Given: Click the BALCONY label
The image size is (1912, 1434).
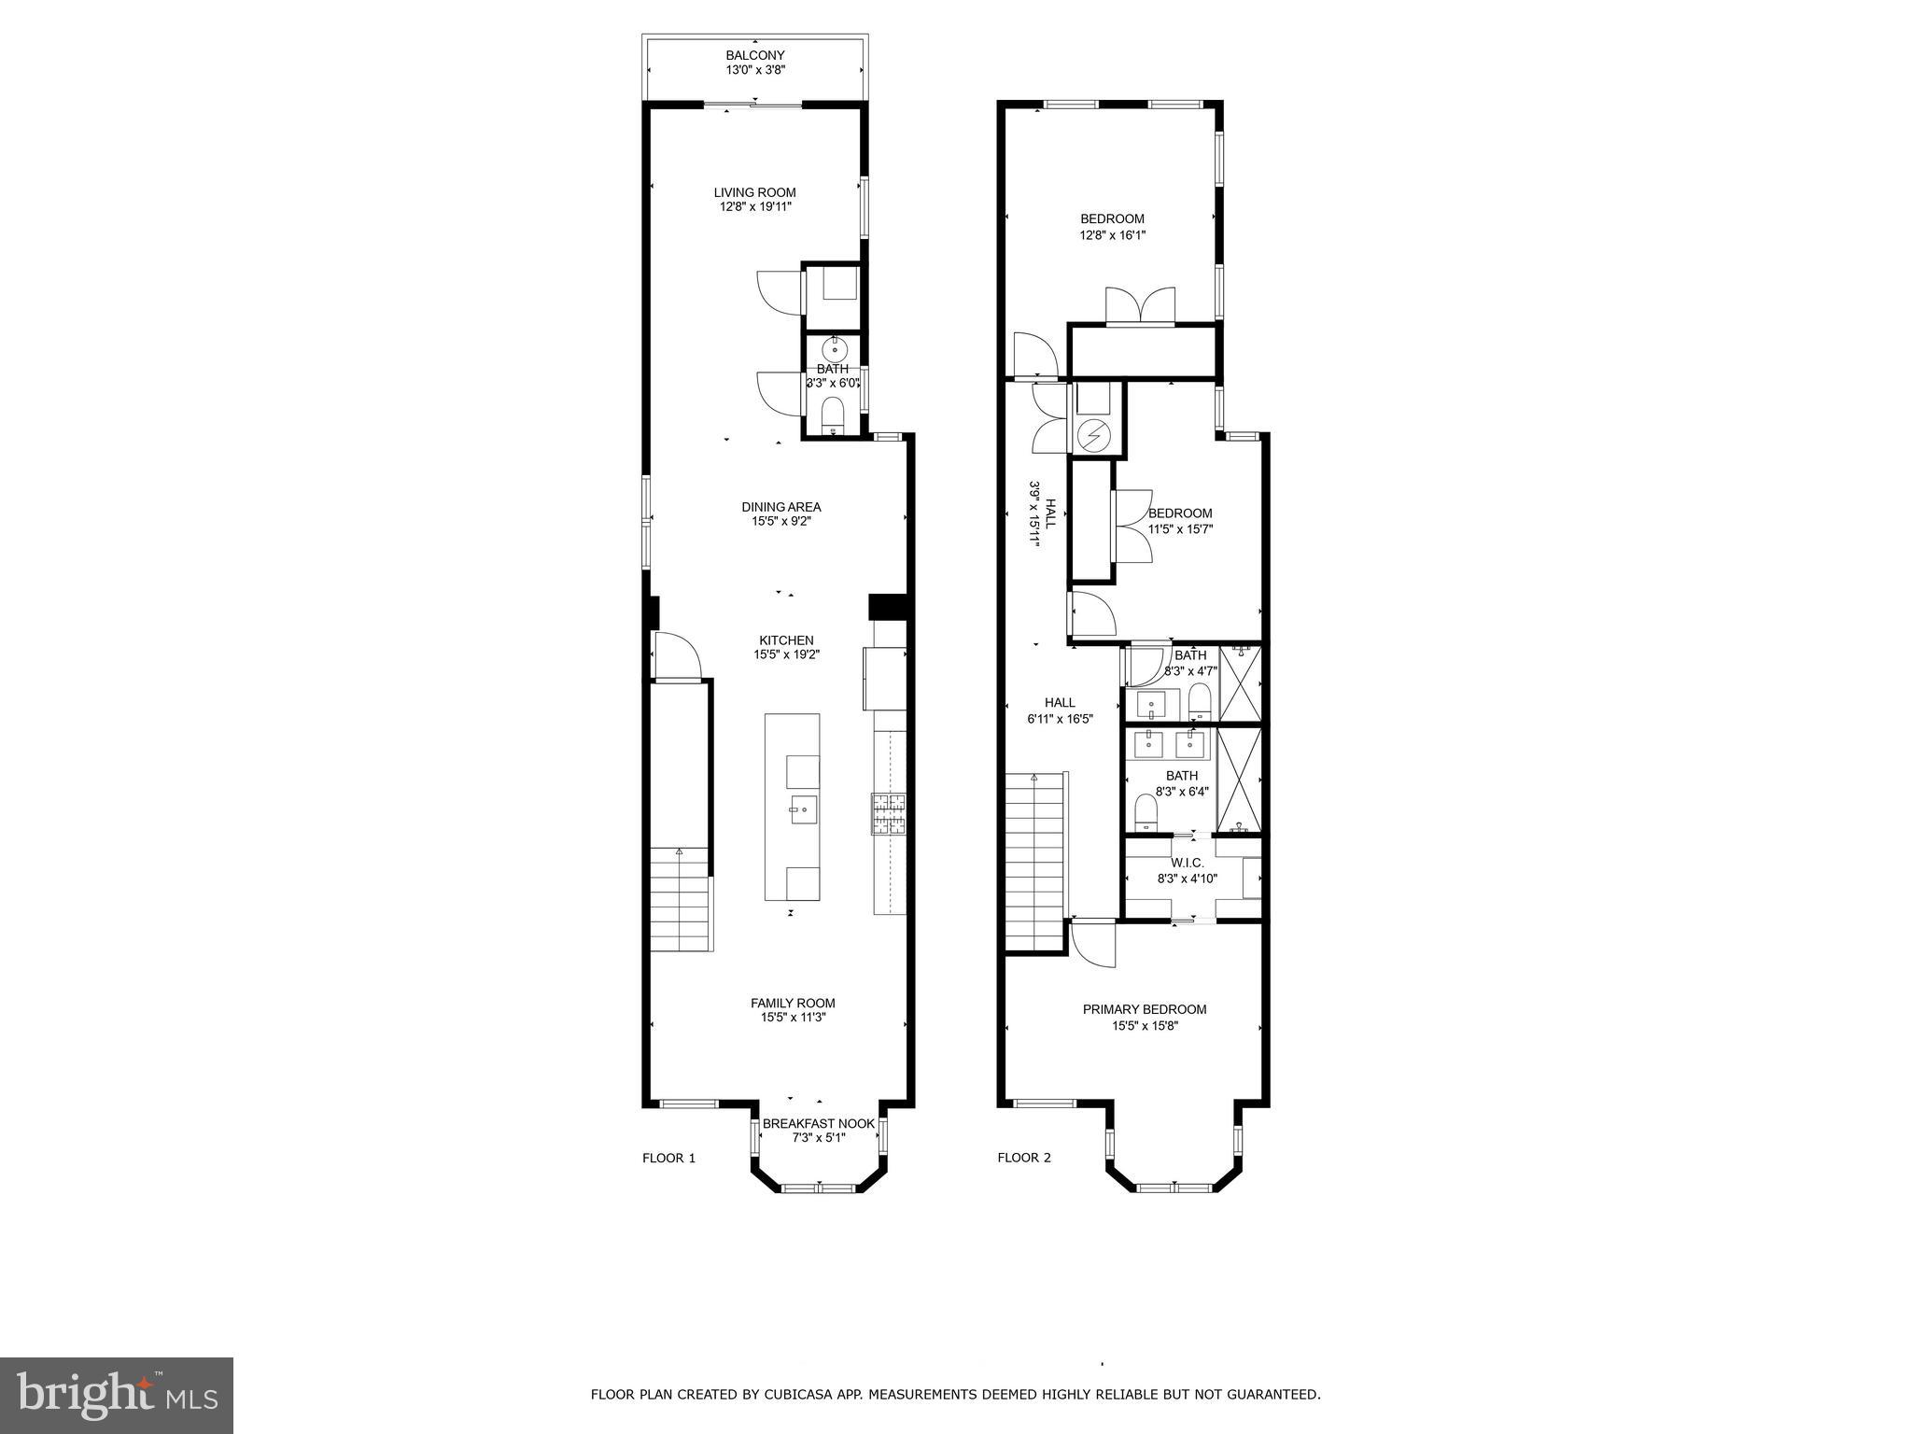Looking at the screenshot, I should [x=754, y=55].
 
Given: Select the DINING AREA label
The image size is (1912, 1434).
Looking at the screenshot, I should [x=781, y=507].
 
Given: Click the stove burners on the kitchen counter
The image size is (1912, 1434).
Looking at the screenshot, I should [x=889, y=812].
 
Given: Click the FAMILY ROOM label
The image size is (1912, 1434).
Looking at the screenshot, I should [x=793, y=1003].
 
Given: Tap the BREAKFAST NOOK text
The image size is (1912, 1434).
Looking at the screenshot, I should [x=819, y=1123].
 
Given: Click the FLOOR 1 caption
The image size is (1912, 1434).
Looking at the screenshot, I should [x=668, y=1158].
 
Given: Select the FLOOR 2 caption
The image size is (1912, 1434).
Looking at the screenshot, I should [x=1024, y=1158].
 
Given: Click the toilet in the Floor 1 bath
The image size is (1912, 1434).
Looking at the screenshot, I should [x=831, y=412].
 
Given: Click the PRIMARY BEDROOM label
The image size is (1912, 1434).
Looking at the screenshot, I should [x=1144, y=1009].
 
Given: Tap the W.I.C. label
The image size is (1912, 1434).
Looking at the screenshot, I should [x=1186, y=863].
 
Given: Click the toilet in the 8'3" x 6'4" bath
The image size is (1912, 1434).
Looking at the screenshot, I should [x=1146, y=811].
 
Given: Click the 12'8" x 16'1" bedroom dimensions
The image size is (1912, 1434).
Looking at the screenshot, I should [x=1112, y=235].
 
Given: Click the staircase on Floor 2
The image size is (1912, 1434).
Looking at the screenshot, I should [x=1034, y=859].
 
